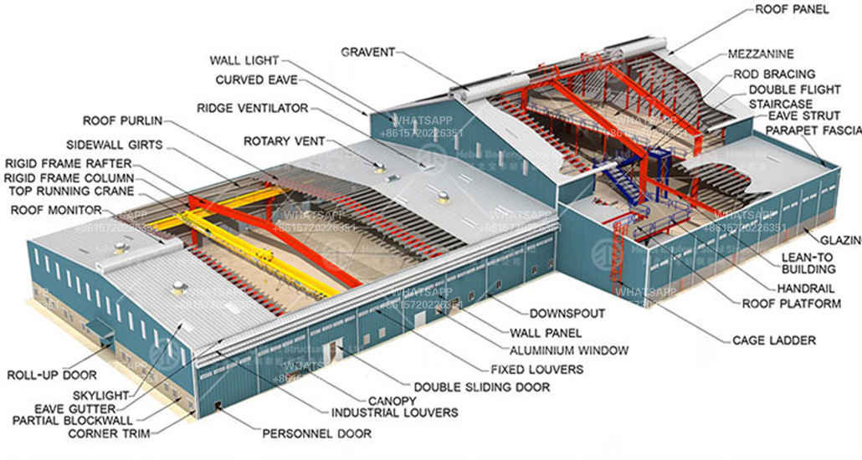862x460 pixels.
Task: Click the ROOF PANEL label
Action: pyautogui.click(x=792, y=10)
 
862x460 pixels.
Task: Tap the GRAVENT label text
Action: pyautogui.click(x=367, y=52)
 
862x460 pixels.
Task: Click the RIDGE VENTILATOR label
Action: pyautogui.click(x=252, y=108)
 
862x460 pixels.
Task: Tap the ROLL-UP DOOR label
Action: pyautogui.click(x=52, y=375)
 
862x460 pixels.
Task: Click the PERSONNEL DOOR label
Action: pyautogui.click(x=317, y=434)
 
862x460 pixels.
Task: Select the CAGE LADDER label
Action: pyautogui.click(x=773, y=340)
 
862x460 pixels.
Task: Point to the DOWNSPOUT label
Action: pyautogui.click(x=567, y=314)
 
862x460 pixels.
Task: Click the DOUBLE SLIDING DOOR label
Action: pyautogui.click(x=482, y=387)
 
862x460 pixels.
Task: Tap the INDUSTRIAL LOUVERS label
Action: pyautogui.click(x=394, y=412)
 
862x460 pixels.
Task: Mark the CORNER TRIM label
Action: pyautogui.click(x=110, y=433)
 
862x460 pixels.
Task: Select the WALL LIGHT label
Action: pyautogui.click(x=244, y=60)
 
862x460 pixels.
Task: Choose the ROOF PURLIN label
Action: pyautogui.click(x=122, y=121)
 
